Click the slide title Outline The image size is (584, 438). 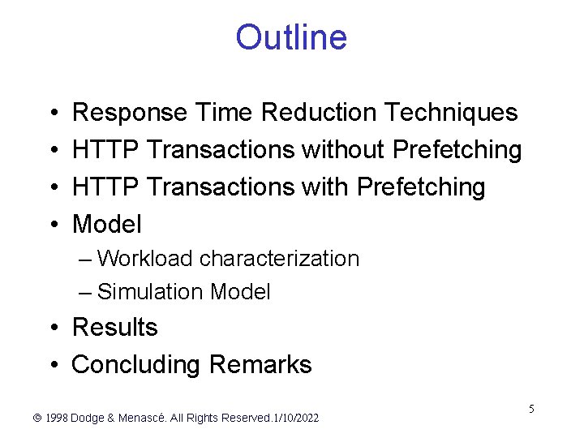pyautogui.click(x=291, y=38)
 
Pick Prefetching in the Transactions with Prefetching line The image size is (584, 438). pyautogui.click(x=421, y=187)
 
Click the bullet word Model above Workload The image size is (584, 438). pyautogui.click(x=106, y=224)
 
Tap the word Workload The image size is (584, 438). pyautogui.click(x=144, y=259)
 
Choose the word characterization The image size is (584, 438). pyautogui.click(x=279, y=259)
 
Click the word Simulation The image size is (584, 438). pyautogui.click(x=150, y=292)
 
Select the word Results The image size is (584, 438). pyautogui.click(x=114, y=328)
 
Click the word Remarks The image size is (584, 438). pyautogui.click(x=260, y=365)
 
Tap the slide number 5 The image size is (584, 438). pyautogui.click(x=531, y=409)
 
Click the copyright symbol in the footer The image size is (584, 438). pyautogui.click(x=36, y=419)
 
